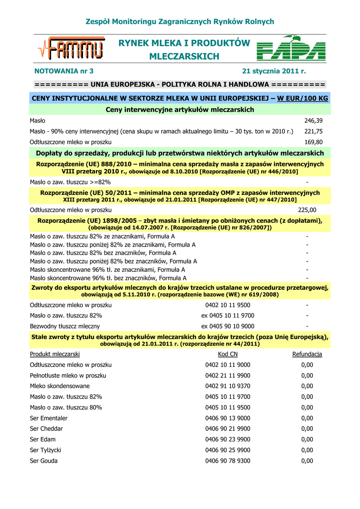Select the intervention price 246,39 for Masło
click(x=313, y=121)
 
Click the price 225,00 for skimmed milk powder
click(x=307, y=210)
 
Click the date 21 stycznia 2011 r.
click(x=274, y=71)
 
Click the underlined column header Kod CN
click(x=228, y=354)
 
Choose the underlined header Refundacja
click(x=307, y=354)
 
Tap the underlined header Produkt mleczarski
click(x=55, y=354)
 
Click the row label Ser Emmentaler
click(x=49, y=418)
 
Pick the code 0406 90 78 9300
click(x=228, y=461)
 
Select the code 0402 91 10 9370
click(x=228, y=386)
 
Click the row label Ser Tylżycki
click(x=46, y=450)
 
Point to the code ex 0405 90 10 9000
click(x=228, y=326)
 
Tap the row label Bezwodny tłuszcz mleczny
click(x=65, y=326)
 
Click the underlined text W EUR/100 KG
click(x=302, y=98)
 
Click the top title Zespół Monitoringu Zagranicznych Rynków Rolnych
click(x=180, y=22)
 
